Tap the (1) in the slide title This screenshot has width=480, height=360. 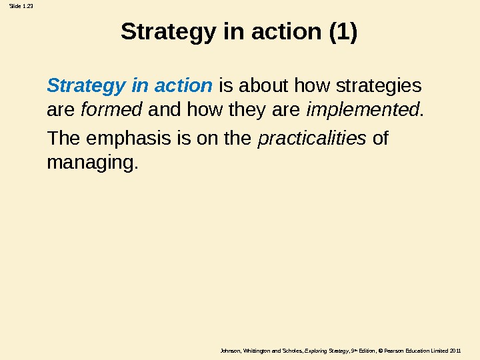click(x=343, y=31)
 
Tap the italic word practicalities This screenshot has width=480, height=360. click(x=311, y=139)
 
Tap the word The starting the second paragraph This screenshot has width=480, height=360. click(x=63, y=139)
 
